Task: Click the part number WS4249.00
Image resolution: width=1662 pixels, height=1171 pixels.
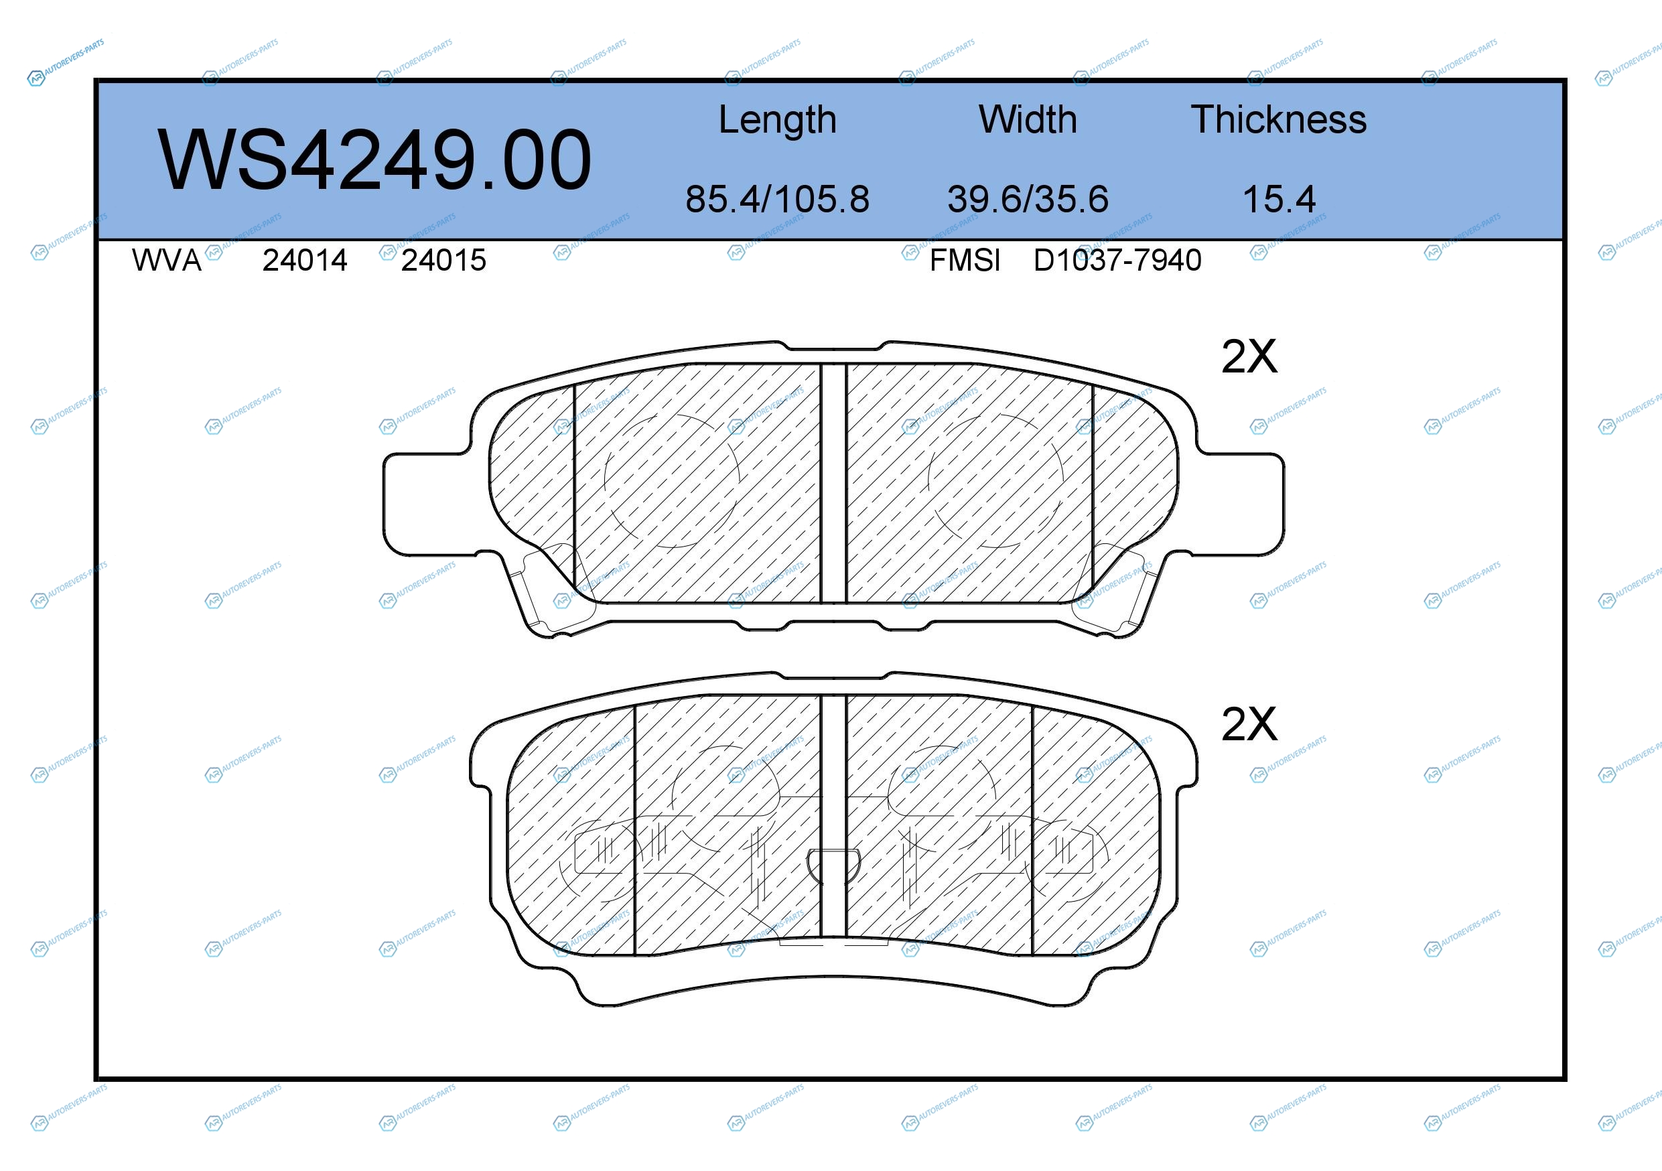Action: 374,160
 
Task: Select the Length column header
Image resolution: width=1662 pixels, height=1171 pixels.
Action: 778,120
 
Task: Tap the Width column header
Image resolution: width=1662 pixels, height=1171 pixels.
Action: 1028,119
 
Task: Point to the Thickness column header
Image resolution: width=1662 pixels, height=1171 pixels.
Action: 1279,119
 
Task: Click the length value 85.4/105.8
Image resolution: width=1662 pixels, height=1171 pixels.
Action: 778,199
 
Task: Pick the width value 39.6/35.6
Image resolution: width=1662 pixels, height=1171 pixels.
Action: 1028,199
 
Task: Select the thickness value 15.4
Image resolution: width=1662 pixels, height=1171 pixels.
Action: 1279,199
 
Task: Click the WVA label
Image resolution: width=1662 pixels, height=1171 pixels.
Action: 167,261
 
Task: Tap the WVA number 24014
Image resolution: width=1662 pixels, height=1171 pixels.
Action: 305,261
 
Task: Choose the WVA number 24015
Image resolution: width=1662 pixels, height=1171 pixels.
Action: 443,261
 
